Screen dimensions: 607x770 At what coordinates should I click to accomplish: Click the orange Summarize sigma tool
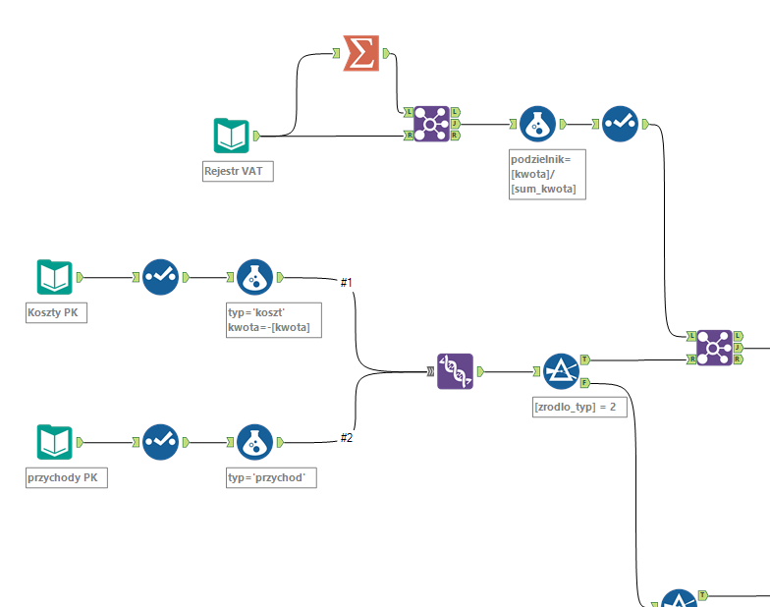tap(361, 53)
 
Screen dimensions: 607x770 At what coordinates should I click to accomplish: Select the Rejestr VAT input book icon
tap(232, 136)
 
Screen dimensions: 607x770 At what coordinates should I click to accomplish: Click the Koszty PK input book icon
tap(55, 277)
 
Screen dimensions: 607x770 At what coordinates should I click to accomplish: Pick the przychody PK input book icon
tap(55, 443)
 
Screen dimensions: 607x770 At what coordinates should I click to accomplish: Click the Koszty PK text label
tap(56, 312)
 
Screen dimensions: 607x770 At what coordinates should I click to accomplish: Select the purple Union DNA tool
tap(455, 372)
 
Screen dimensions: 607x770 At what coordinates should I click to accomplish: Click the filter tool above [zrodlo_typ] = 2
tap(561, 372)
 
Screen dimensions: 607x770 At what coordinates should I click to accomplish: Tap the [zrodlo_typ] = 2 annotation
tap(579, 407)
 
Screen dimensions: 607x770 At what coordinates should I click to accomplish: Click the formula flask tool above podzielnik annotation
tap(537, 125)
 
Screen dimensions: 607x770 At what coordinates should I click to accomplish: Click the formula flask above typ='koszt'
tap(255, 277)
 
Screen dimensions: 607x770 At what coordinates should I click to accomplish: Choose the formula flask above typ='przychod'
tap(255, 443)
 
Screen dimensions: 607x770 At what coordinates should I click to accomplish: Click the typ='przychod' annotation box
tap(270, 478)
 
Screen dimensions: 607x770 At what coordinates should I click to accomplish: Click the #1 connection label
tap(346, 283)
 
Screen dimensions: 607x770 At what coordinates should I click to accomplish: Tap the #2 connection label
tap(346, 438)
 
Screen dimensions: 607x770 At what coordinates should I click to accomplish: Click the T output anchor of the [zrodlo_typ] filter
tap(584, 359)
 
